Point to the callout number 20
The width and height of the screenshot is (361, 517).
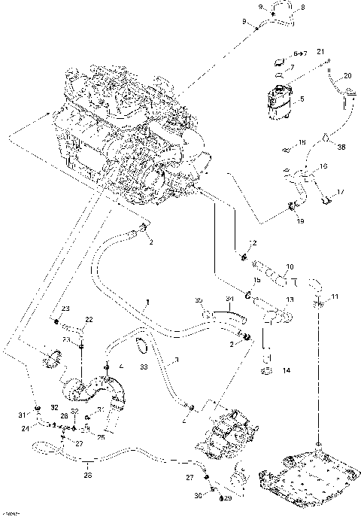tap(347, 76)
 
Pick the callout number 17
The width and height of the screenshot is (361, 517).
tap(341, 192)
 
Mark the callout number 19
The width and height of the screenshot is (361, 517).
tap(300, 221)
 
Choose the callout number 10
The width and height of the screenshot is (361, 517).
tap(290, 267)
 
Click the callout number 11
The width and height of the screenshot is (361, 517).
tap(335, 296)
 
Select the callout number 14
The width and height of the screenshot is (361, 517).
tap(285, 371)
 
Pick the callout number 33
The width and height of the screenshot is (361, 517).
tap(144, 367)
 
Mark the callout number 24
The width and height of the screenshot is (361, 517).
tap(26, 429)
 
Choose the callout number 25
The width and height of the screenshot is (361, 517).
tap(101, 436)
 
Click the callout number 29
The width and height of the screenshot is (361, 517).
tap(221, 498)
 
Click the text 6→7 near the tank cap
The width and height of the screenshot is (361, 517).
tap(300, 53)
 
